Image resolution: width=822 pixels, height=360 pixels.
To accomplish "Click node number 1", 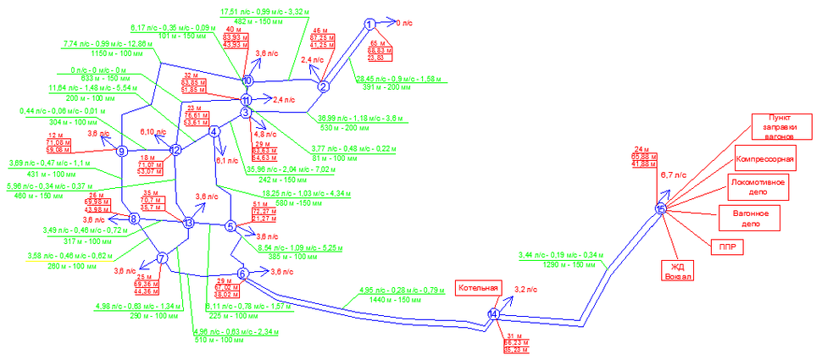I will tap(369, 24).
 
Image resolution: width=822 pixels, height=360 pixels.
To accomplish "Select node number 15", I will tap(661, 208).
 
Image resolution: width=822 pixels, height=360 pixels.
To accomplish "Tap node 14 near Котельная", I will tap(492, 314).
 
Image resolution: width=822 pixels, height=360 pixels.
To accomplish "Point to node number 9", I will tap(122, 152).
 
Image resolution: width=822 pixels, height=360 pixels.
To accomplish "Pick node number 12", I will tap(175, 150).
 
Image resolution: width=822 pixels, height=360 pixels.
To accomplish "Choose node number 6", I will tap(242, 273).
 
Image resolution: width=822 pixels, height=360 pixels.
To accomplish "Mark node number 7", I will tap(162, 258).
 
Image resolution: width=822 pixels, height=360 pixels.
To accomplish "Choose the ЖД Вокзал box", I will tap(677, 271).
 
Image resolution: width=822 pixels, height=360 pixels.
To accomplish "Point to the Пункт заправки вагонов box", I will tap(774, 125).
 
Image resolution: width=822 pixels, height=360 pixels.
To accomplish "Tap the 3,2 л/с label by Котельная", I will tap(526, 290).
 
